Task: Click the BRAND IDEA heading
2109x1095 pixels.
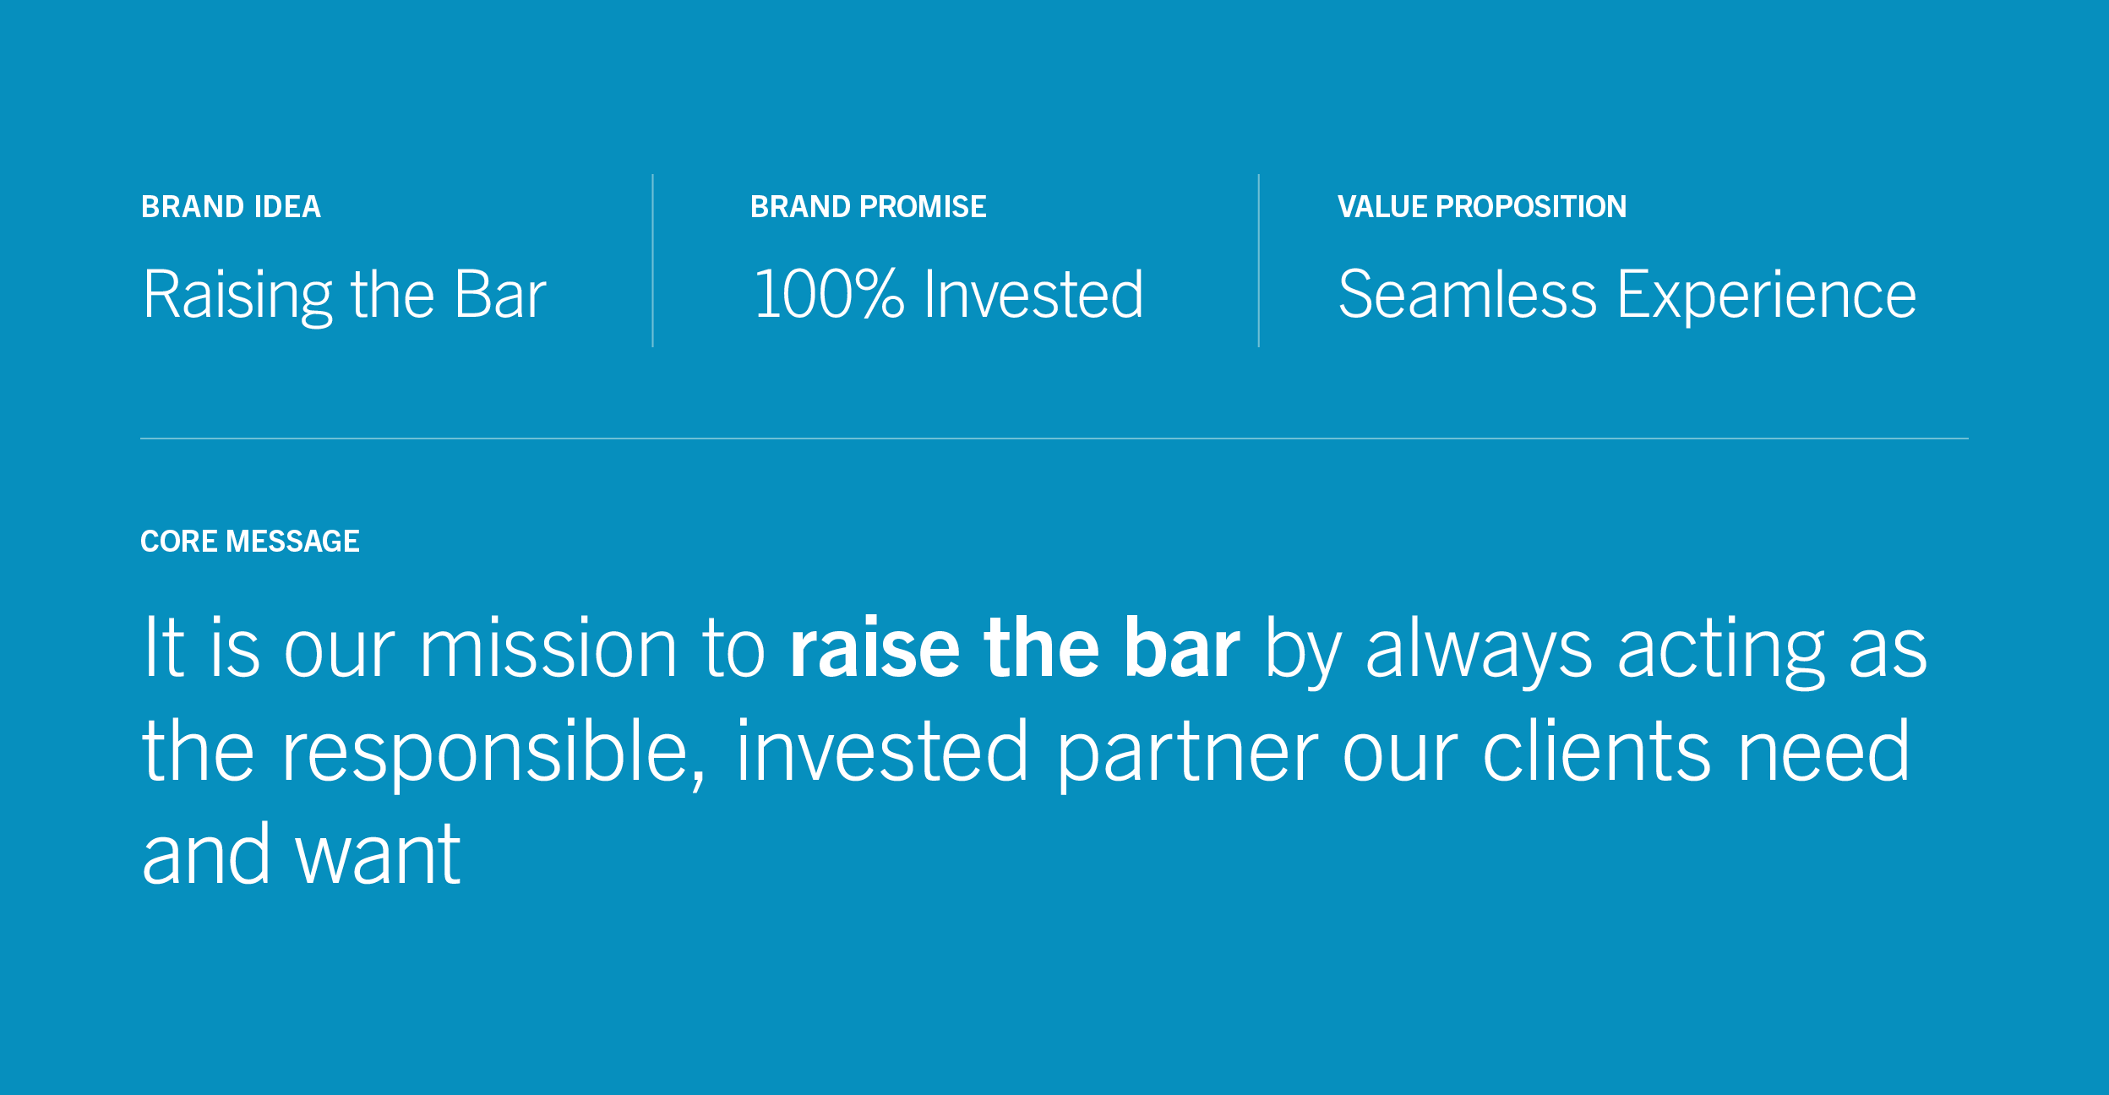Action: pos(231,207)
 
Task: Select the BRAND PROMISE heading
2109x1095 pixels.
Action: pos(868,207)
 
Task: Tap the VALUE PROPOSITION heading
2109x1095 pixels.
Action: pos(1481,207)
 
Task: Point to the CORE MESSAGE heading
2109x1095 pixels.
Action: pos(250,542)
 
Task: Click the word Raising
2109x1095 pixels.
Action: pos(238,297)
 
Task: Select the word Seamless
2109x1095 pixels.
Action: pos(1468,294)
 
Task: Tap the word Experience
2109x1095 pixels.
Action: pos(1767,297)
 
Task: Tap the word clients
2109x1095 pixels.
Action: pos(1597,749)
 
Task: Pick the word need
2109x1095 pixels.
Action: pos(1823,749)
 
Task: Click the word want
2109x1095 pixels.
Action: pos(378,856)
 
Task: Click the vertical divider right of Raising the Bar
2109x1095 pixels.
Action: pos(652,260)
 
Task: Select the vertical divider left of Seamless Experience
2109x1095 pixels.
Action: pos(1258,260)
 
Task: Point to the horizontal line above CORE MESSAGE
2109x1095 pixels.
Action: pos(1054,439)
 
